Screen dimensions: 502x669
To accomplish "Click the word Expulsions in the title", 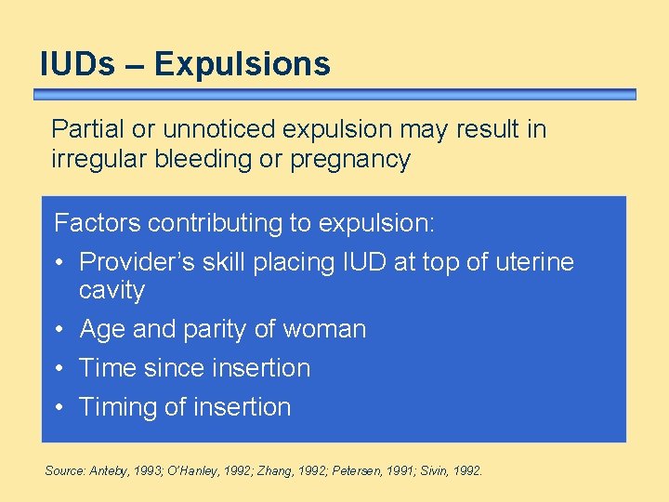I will click(x=243, y=64).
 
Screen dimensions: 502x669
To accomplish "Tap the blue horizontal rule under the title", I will click(x=334, y=94).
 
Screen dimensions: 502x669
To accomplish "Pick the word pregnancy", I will click(x=350, y=160).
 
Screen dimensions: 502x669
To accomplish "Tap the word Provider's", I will click(x=135, y=263).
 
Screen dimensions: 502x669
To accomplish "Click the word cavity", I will click(x=111, y=291).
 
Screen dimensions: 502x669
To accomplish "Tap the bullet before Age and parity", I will click(x=60, y=330).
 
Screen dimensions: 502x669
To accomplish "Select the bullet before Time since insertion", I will click(x=60, y=369).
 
